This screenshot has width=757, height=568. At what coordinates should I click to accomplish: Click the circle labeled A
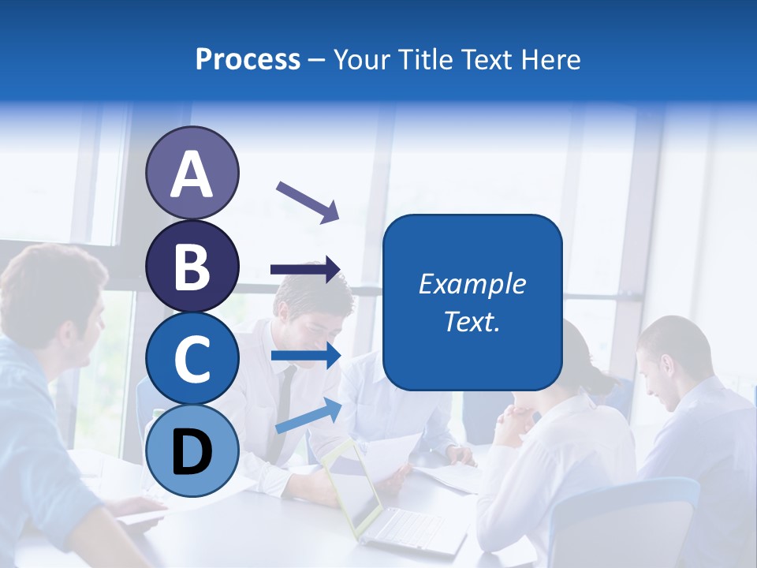(x=192, y=173)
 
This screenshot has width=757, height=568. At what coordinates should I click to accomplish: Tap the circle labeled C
(x=192, y=358)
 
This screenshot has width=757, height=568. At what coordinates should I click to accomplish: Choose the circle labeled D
(x=192, y=450)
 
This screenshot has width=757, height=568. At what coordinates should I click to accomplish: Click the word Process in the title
(x=248, y=59)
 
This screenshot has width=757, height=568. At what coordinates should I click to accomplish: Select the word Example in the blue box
(x=472, y=284)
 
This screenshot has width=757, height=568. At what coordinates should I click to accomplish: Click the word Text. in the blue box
(x=472, y=322)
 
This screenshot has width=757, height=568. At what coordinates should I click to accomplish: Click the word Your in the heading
(x=361, y=59)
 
